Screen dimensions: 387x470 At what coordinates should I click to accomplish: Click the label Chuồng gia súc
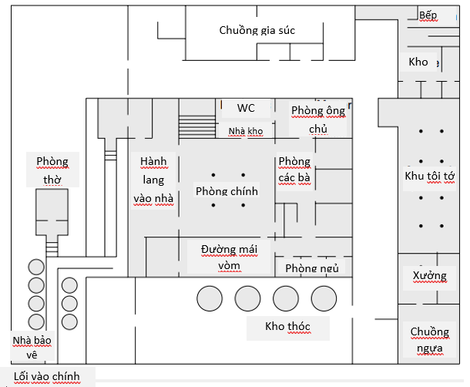(257, 31)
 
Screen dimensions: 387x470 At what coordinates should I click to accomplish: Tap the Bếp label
(428, 15)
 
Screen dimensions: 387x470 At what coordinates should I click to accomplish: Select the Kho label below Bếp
(418, 62)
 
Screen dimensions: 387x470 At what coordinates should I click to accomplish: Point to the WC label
(246, 108)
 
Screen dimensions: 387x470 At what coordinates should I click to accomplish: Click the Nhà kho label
(246, 132)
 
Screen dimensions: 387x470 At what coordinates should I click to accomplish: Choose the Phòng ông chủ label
(317, 119)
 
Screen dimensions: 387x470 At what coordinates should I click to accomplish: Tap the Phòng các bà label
(294, 170)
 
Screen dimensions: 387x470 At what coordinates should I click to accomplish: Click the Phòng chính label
(227, 190)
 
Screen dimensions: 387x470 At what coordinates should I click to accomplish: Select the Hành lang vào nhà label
(153, 180)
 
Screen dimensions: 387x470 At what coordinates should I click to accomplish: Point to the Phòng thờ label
(52, 170)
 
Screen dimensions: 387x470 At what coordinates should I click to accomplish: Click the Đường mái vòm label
(229, 257)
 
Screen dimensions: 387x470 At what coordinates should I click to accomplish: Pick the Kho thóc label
(287, 327)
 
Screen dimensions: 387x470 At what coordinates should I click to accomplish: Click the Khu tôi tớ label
(430, 177)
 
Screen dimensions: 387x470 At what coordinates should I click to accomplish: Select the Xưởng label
(429, 276)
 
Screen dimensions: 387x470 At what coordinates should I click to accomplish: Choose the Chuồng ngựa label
(429, 340)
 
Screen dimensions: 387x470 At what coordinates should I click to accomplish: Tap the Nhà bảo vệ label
(31, 348)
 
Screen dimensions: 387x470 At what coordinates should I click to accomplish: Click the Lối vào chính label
(47, 377)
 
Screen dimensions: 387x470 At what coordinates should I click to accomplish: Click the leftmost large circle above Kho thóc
(210, 298)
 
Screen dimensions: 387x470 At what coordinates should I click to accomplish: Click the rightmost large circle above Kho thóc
(323, 298)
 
